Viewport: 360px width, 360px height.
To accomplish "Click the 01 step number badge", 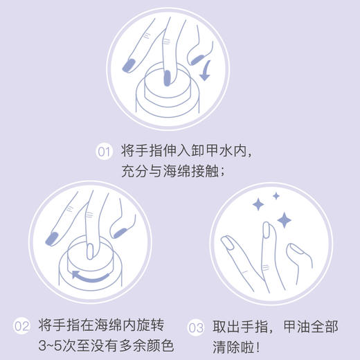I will (x=104, y=151).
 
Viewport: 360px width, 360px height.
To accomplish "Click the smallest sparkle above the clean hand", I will (x=276, y=197).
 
